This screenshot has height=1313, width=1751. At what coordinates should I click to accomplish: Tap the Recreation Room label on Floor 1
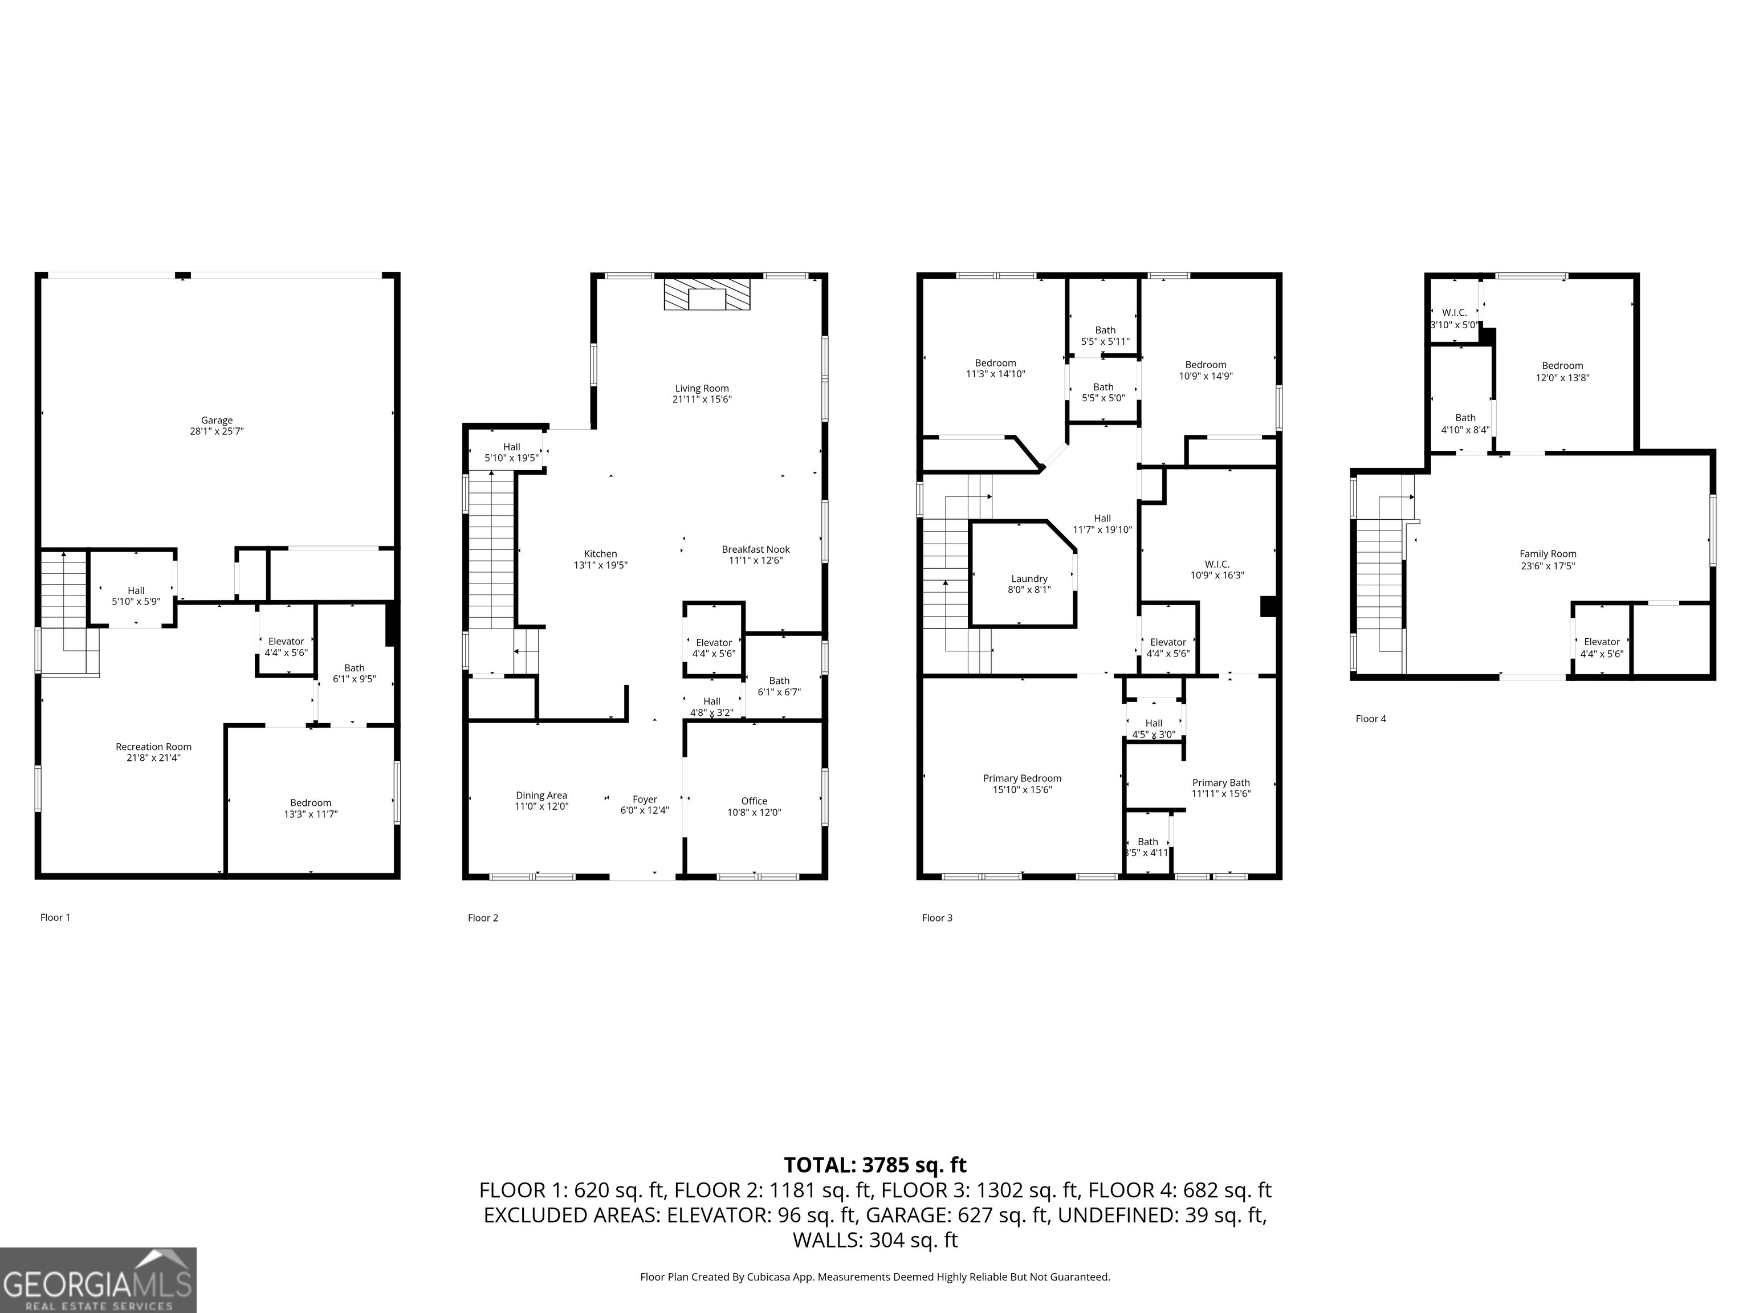click(x=153, y=747)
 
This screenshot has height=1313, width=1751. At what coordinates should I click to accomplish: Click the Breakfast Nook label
click(x=755, y=549)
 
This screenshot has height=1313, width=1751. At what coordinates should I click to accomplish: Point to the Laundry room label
click(x=1029, y=578)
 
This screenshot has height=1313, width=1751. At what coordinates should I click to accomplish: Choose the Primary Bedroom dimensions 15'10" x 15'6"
click(x=1022, y=790)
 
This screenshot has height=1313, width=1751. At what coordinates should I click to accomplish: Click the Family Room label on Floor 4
click(x=1548, y=554)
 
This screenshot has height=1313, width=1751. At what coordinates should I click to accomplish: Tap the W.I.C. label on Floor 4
click(x=1454, y=313)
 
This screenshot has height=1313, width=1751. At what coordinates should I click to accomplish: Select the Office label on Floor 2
click(x=754, y=801)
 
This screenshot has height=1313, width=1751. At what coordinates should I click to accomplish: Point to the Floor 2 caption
click(x=483, y=918)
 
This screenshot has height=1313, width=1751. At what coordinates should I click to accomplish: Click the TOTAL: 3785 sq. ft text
click(x=875, y=1165)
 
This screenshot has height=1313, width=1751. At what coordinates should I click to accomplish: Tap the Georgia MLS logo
click(x=97, y=1280)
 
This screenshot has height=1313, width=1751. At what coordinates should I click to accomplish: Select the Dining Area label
click(x=541, y=796)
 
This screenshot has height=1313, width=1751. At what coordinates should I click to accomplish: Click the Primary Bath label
click(x=1221, y=783)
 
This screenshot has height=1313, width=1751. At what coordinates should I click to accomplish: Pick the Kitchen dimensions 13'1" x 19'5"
click(x=600, y=565)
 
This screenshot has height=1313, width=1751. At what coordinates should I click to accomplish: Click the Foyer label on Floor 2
click(x=644, y=800)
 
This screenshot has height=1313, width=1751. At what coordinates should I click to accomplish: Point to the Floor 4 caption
click(x=1370, y=719)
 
